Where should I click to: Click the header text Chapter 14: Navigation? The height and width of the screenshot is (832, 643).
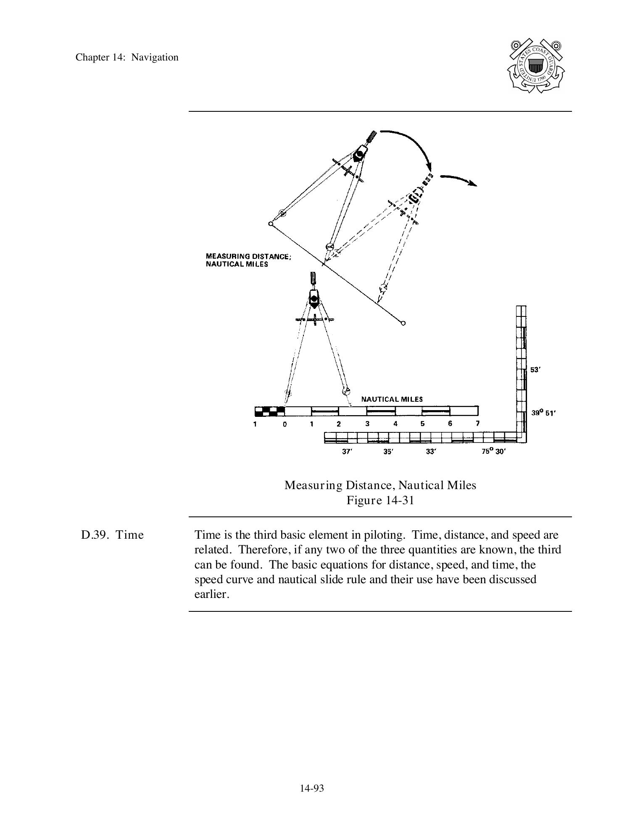pos(127,58)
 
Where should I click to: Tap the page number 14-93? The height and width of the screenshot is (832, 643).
pos(312,788)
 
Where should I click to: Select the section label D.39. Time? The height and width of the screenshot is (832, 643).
pos(112,535)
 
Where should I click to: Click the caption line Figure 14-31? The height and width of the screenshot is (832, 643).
pos(380,500)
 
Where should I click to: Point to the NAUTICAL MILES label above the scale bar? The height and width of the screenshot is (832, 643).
pos(392,399)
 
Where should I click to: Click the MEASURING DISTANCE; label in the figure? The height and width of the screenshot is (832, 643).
pos(248,256)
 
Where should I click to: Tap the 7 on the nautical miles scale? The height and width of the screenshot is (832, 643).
pos(477,424)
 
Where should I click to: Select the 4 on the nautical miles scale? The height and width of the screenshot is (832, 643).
pos(395,424)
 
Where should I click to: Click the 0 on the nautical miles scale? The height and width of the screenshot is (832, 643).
pos(285,424)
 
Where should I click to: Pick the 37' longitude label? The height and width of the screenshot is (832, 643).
pos(346,452)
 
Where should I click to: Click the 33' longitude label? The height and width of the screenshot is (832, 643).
pos(431,452)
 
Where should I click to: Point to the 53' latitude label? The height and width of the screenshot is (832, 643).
pos(535,370)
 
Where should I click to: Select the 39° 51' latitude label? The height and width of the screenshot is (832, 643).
pos(543,413)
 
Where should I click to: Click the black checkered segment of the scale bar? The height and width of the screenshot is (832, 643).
pos(269,411)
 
